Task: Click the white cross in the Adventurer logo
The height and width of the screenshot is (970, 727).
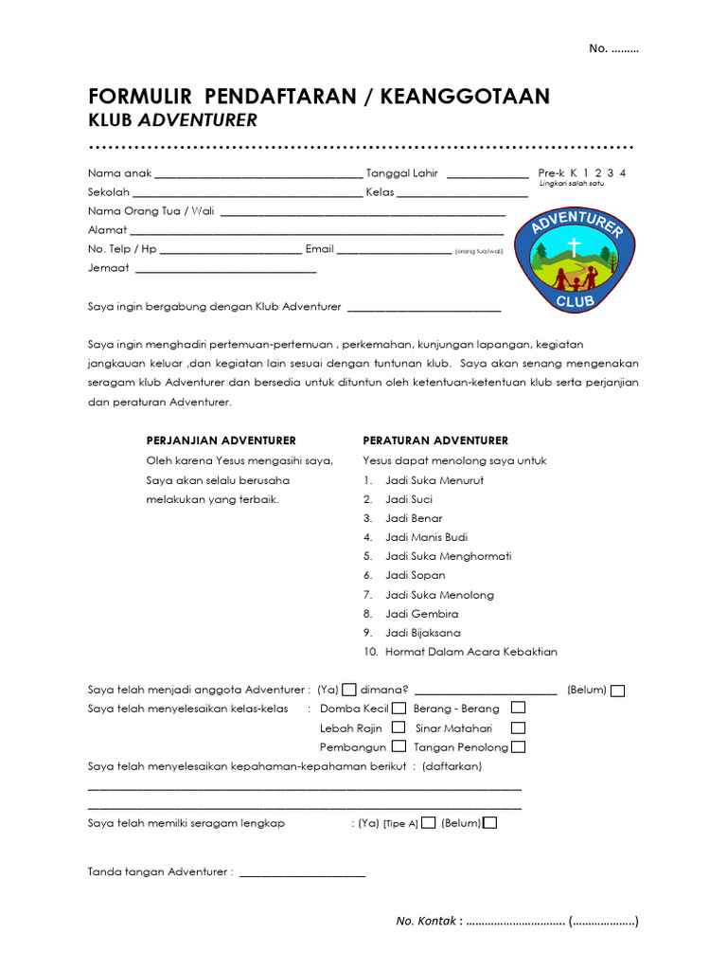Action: pyautogui.click(x=573, y=248)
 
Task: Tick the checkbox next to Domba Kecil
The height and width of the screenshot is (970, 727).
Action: pyautogui.click(x=399, y=708)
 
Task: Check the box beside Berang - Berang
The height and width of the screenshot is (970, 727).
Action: pyautogui.click(x=518, y=708)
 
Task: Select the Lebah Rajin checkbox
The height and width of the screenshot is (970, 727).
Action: pyautogui.click(x=398, y=727)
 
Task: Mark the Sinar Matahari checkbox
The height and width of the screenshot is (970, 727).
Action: pyautogui.click(x=518, y=727)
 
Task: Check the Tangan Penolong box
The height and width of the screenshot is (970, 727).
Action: pyautogui.click(x=518, y=747)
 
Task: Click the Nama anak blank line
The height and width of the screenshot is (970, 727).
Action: pyautogui.click(x=257, y=175)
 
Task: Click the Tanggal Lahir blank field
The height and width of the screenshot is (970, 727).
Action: pyautogui.click(x=488, y=175)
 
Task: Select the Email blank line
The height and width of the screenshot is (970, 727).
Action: pyautogui.click(x=394, y=252)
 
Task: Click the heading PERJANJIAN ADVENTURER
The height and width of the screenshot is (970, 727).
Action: pyautogui.click(x=221, y=440)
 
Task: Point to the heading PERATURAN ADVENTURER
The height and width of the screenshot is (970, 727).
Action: pyautogui.click(x=435, y=440)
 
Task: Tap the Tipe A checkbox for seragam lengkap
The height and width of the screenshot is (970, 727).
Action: pyautogui.click(x=428, y=823)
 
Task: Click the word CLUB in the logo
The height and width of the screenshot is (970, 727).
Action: pyautogui.click(x=574, y=301)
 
